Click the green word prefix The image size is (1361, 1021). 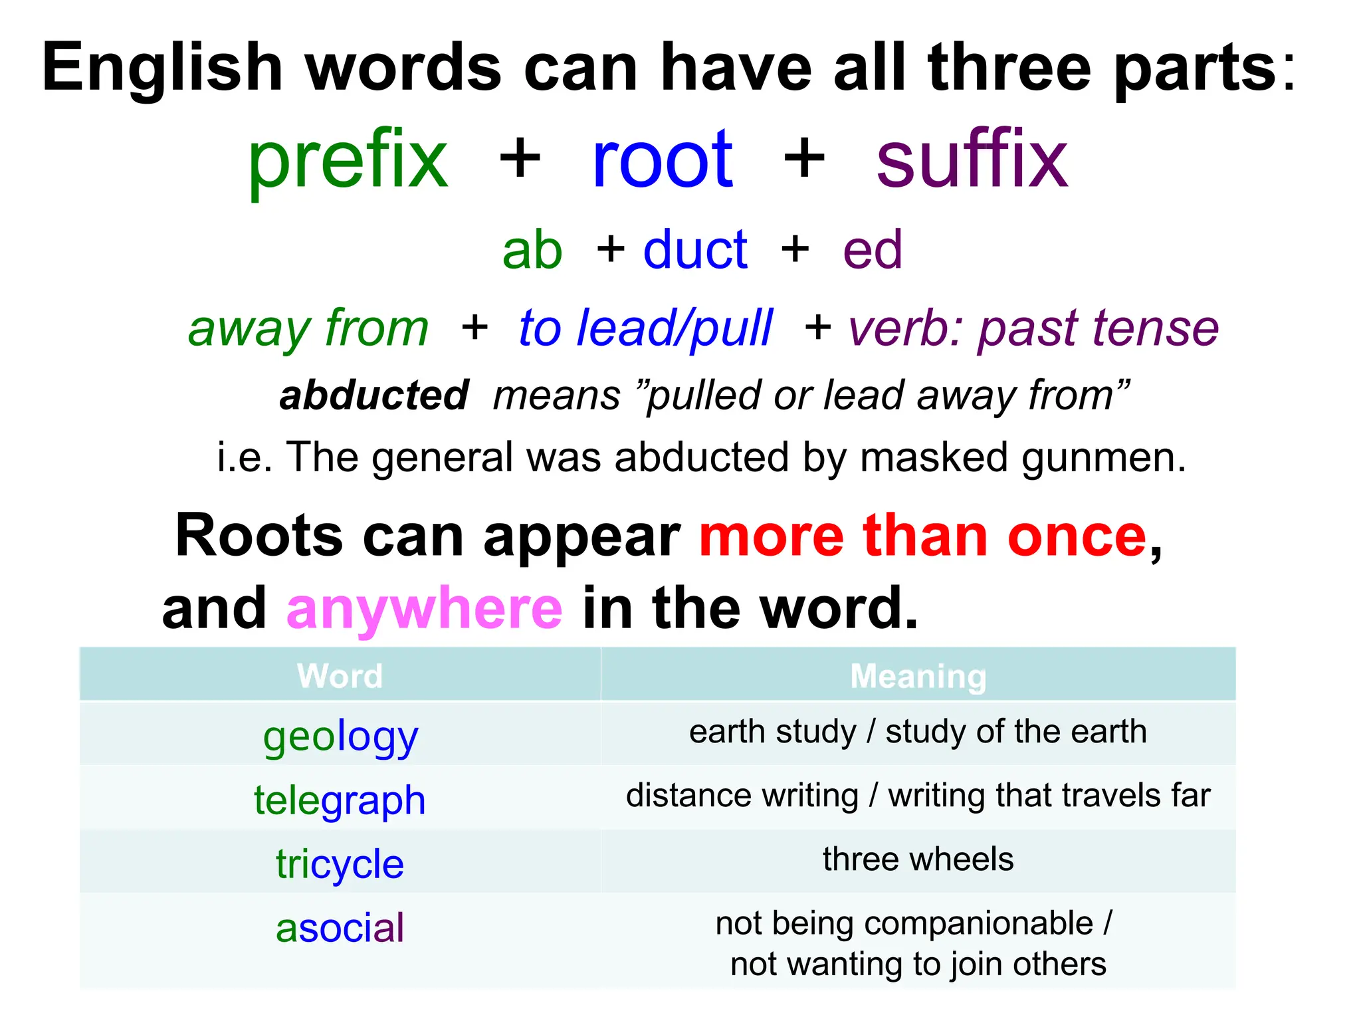pos(348,161)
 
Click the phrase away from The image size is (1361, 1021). pos(308,328)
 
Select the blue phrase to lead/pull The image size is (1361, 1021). pos(645,328)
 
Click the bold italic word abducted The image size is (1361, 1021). pos(374,396)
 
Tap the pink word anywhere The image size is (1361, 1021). pos(424,608)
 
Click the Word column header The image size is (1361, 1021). pos(340,676)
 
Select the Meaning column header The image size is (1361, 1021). pos(918,676)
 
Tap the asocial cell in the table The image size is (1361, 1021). pos(340,928)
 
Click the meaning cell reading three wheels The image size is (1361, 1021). pos(918,859)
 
